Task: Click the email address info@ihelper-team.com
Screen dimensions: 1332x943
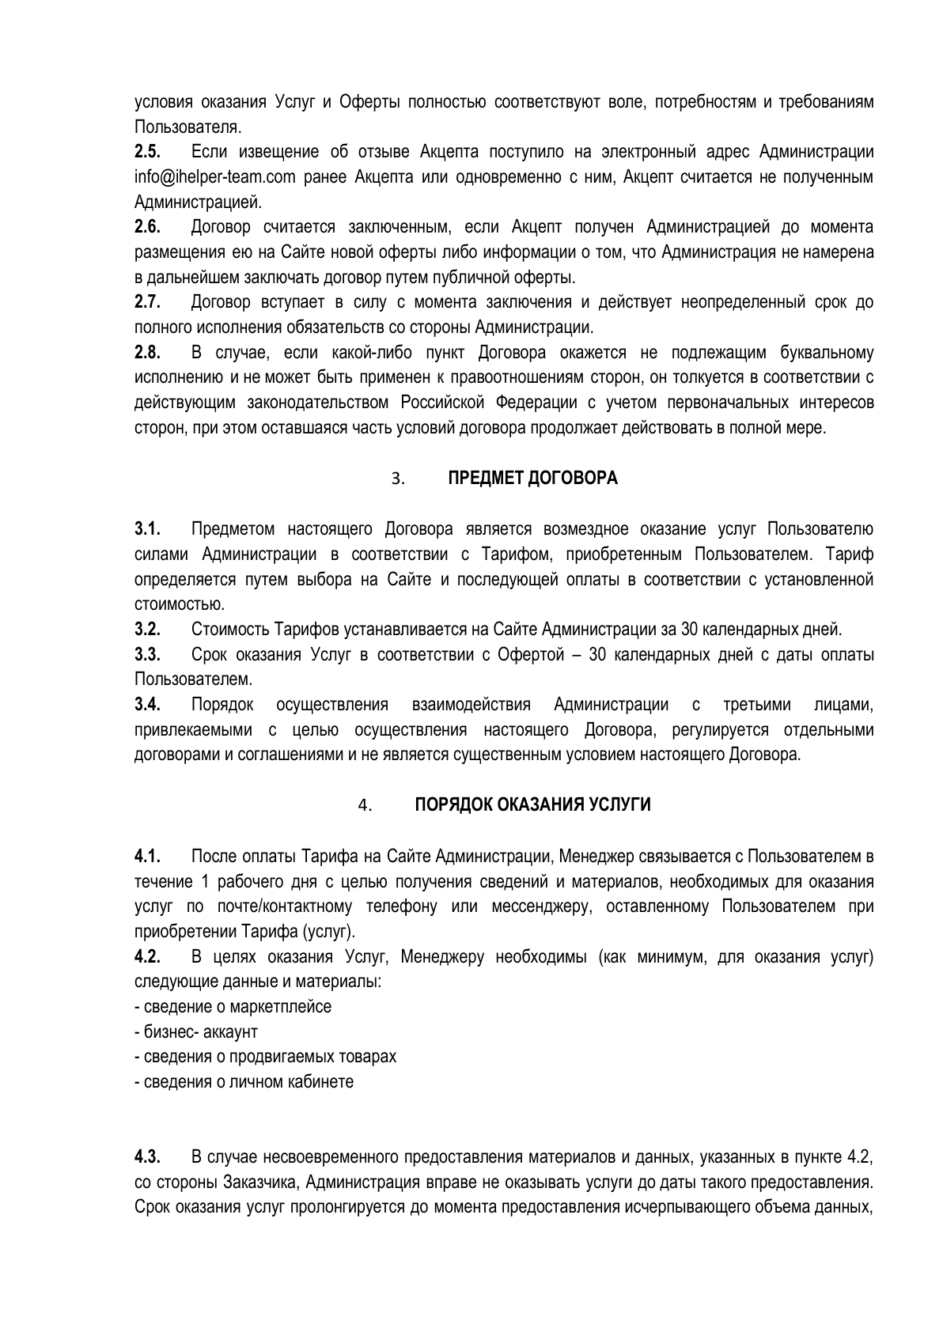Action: (214, 177)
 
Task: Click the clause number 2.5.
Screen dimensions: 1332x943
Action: (148, 152)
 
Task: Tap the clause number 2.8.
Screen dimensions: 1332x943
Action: (148, 353)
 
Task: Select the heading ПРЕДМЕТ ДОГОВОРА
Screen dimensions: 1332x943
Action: (532, 479)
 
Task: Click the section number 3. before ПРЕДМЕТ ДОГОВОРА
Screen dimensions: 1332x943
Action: (398, 479)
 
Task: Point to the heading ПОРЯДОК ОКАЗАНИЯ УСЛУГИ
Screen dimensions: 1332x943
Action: (532, 805)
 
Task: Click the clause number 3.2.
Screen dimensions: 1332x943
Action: (148, 630)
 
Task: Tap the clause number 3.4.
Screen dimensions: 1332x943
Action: (148, 705)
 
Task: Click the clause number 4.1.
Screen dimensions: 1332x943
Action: (148, 857)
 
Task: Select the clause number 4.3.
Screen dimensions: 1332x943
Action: (148, 1159)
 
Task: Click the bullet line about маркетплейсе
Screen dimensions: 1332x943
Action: (233, 1007)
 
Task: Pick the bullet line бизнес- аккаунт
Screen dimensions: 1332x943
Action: (196, 1032)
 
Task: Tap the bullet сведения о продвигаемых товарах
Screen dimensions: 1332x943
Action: (266, 1058)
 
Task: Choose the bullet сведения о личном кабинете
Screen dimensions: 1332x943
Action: (244, 1082)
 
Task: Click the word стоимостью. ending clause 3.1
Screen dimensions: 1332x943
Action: (169, 605)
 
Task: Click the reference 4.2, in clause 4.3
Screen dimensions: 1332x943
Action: (859, 1159)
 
